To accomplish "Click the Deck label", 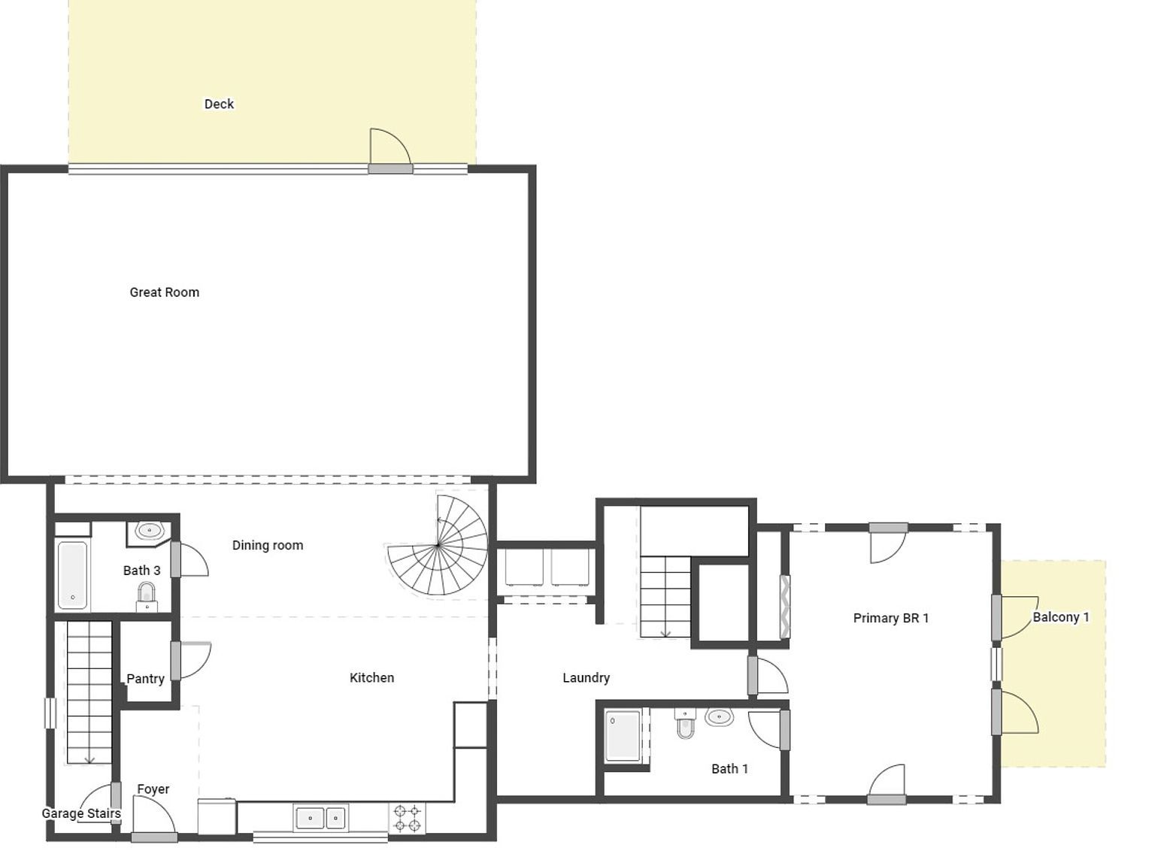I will point(219,104).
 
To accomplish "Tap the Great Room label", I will point(164,292).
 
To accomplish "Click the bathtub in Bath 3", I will point(72,576).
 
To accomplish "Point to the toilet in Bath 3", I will point(147,597).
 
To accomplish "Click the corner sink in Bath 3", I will point(148,531).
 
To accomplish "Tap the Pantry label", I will point(145,679).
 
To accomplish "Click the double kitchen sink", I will point(320,818).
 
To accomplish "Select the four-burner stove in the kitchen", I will point(407,818).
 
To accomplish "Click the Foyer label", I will point(153,789).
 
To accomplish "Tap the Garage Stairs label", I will point(80,813).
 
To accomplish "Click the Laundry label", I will point(586,677).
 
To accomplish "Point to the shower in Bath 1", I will point(623,735).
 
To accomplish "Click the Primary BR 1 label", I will point(890,618).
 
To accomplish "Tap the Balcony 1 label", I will point(1060,617).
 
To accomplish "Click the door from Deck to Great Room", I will point(390,150).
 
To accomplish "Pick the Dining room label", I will point(267,545).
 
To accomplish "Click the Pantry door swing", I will point(194,660).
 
